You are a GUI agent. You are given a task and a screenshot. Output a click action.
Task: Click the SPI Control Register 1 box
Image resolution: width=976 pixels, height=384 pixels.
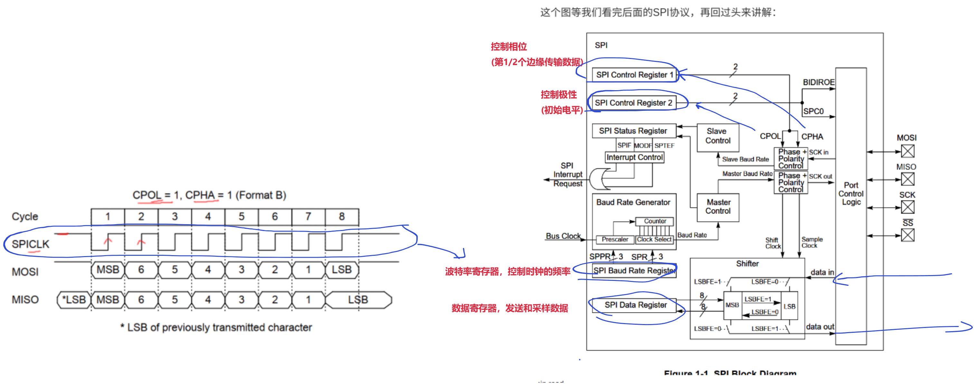(634, 75)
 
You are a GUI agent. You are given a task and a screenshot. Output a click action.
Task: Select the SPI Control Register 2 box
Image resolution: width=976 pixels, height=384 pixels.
(633, 103)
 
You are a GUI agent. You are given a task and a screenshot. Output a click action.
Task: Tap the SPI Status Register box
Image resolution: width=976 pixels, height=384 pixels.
(633, 131)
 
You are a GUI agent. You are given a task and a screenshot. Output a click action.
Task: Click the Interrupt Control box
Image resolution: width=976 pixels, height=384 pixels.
(634, 157)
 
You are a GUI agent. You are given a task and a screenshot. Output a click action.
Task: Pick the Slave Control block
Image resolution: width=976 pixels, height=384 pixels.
(718, 137)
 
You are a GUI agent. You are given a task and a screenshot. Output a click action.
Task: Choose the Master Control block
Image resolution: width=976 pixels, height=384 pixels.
(718, 207)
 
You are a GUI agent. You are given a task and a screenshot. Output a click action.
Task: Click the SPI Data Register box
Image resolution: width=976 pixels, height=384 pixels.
(635, 305)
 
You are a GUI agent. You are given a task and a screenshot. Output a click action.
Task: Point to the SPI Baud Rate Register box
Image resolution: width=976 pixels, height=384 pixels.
(634, 271)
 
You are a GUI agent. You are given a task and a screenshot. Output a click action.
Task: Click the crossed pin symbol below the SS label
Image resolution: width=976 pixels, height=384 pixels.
(907, 235)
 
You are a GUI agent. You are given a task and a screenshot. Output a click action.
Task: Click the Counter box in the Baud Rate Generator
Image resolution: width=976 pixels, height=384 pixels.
(655, 221)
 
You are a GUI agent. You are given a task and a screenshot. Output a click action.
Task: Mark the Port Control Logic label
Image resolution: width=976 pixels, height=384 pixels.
(851, 194)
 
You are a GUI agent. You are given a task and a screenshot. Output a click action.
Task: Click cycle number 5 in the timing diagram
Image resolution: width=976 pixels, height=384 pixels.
(242, 216)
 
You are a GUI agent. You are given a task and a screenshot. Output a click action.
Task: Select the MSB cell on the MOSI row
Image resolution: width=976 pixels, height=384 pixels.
(108, 270)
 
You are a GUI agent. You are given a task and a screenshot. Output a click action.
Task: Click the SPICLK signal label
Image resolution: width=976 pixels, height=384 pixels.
(30, 244)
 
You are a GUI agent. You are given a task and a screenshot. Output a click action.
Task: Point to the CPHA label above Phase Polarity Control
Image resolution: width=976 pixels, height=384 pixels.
(812, 137)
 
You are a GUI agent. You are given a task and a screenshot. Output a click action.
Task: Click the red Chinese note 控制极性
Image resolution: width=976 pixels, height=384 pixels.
(558, 95)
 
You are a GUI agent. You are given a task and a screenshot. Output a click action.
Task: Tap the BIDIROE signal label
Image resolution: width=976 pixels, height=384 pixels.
(819, 82)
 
